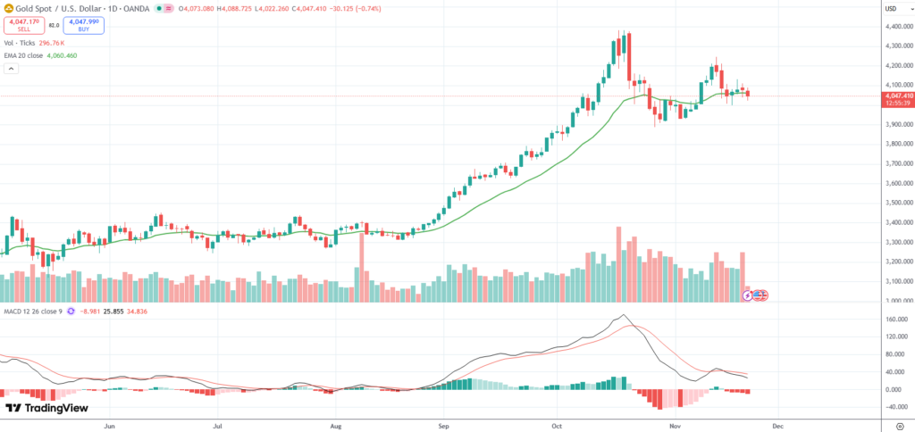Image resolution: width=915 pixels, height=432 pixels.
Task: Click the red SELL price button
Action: pyautogui.click(x=24, y=25)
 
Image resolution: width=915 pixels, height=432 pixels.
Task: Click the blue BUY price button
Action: pyautogui.click(x=83, y=25)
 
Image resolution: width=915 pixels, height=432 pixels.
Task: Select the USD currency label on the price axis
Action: pyautogui.click(x=890, y=9)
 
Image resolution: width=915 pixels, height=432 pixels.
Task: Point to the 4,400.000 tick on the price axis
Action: pyautogui.click(x=899, y=27)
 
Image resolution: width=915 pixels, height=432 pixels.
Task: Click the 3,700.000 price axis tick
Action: pyautogui.click(x=899, y=164)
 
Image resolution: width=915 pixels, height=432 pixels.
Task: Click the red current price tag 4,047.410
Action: pyautogui.click(x=899, y=96)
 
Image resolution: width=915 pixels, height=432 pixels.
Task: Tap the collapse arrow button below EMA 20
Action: pyautogui.click(x=12, y=69)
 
